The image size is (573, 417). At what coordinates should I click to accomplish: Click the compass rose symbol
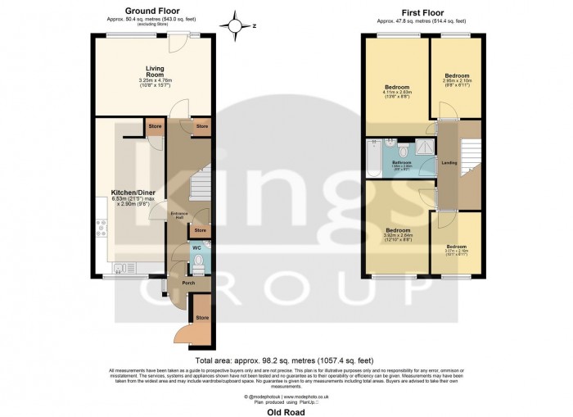pos(237,25)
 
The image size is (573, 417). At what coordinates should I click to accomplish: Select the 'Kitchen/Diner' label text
pos(128,193)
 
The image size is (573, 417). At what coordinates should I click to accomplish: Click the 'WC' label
pos(196,247)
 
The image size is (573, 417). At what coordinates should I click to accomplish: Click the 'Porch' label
pos(187,284)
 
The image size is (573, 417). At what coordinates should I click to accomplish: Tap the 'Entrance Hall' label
pos(179,216)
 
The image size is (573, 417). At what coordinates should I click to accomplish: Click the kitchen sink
pos(124,267)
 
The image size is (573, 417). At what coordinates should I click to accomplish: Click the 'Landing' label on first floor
pos(449,161)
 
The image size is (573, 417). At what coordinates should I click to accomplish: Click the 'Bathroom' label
pos(401,163)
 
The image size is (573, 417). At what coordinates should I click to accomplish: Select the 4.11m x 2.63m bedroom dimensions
pos(397,93)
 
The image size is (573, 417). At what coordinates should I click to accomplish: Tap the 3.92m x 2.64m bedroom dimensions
pos(397,236)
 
